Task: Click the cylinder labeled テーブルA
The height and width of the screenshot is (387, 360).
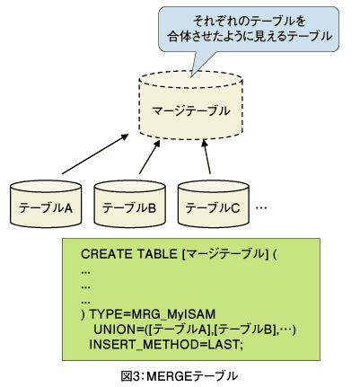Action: pyautogui.click(x=46, y=204)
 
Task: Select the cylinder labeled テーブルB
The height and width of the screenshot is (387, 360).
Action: pyautogui.click(x=130, y=204)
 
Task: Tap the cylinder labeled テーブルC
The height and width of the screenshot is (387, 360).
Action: pyautogui.click(x=214, y=204)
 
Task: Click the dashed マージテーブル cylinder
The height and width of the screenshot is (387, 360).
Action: pyautogui.click(x=191, y=105)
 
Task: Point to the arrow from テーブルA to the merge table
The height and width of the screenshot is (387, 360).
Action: pyautogui.click(x=95, y=154)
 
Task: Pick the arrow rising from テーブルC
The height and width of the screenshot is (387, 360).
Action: pyautogui.click(x=206, y=157)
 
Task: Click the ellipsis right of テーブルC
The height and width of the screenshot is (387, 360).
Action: pyautogui.click(x=261, y=207)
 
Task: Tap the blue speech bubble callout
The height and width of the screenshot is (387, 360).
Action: pyautogui.click(x=249, y=30)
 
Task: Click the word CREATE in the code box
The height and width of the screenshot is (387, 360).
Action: pyautogui.click(x=107, y=254)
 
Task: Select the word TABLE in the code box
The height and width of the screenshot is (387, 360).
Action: pyautogui.click(x=157, y=254)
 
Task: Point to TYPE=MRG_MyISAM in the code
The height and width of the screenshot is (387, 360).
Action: pyautogui.click(x=153, y=314)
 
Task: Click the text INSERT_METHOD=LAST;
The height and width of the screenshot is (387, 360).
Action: pyautogui.click(x=166, y=345)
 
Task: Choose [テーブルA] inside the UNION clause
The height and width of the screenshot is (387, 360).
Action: pyautogui.click(x=180, y=330)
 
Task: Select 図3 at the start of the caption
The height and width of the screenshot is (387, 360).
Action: pyautogui.click(x=130, y=376)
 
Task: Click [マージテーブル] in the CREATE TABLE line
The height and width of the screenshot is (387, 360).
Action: pyautogui.click(x=224, y=254)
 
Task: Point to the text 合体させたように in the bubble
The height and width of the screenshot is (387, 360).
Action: pyautogui.click(x=210, y=37)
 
